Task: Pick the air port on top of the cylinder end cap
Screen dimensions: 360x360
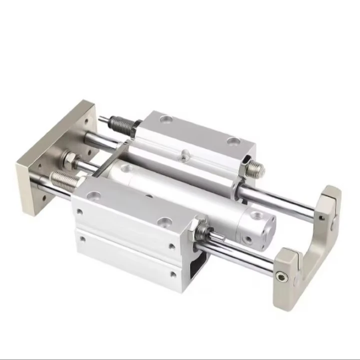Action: tap(256, 216)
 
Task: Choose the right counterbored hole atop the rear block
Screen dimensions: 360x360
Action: tap(232, 142)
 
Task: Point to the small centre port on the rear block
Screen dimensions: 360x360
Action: tap(185, 156)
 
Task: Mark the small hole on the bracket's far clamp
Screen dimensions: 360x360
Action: tap(323, 217)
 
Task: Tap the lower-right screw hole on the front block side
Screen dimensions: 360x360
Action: tap(173, 274)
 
